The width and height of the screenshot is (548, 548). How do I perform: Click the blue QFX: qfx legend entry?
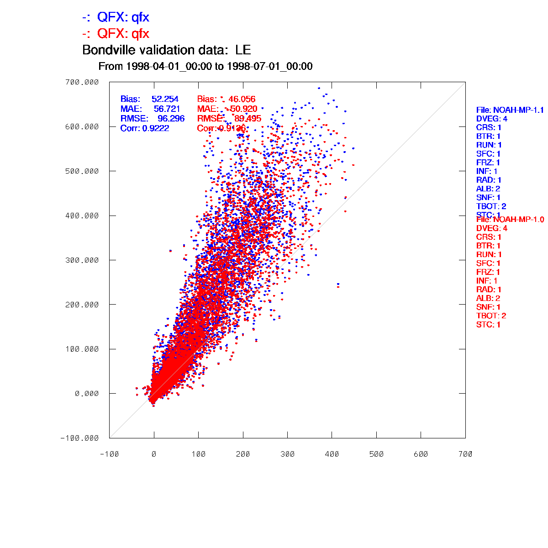click(116, 18)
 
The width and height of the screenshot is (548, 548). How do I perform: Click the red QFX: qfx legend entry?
click(116, 34)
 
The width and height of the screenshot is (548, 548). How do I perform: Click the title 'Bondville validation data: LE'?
click(166, 50)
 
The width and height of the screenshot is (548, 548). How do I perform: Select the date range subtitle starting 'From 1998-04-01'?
click(205, 67)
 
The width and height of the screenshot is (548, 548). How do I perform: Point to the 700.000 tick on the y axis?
click(82, 82)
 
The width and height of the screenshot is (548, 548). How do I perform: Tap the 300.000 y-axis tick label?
click(82, 260)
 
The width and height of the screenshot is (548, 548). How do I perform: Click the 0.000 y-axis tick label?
click(87, 394)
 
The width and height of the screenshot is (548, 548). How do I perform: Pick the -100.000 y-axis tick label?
click(79, 438)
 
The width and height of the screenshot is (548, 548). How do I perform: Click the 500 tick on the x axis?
click(376, 454)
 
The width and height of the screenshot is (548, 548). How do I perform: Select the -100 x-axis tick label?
click(109, 454)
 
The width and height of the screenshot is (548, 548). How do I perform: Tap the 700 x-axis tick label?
click(465, 454)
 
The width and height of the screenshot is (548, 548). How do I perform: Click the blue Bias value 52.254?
click(165, 99)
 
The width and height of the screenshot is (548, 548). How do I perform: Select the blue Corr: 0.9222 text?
click(145, 128)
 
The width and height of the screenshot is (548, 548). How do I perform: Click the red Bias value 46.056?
click(242, 99)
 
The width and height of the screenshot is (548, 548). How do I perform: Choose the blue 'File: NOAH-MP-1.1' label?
click(510, 110)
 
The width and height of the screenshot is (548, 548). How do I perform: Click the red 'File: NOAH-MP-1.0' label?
click(510, 220)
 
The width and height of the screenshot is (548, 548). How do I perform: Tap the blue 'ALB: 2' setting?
click(488, 189)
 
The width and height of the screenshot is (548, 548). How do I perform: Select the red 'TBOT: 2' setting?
click(491, 316)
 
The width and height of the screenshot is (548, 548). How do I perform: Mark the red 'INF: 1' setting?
click(487, 281)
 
